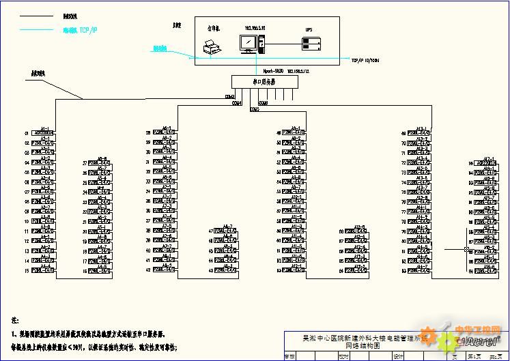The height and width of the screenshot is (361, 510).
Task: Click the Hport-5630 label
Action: point(273,70)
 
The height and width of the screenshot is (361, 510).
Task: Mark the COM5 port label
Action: point(255,109)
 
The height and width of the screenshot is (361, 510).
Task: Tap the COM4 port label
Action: point(236,104)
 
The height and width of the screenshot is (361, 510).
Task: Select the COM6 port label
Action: point(264,103)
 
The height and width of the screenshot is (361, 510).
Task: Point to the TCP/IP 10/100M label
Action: point(365,60)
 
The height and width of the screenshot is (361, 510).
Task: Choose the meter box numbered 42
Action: point(165,271)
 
